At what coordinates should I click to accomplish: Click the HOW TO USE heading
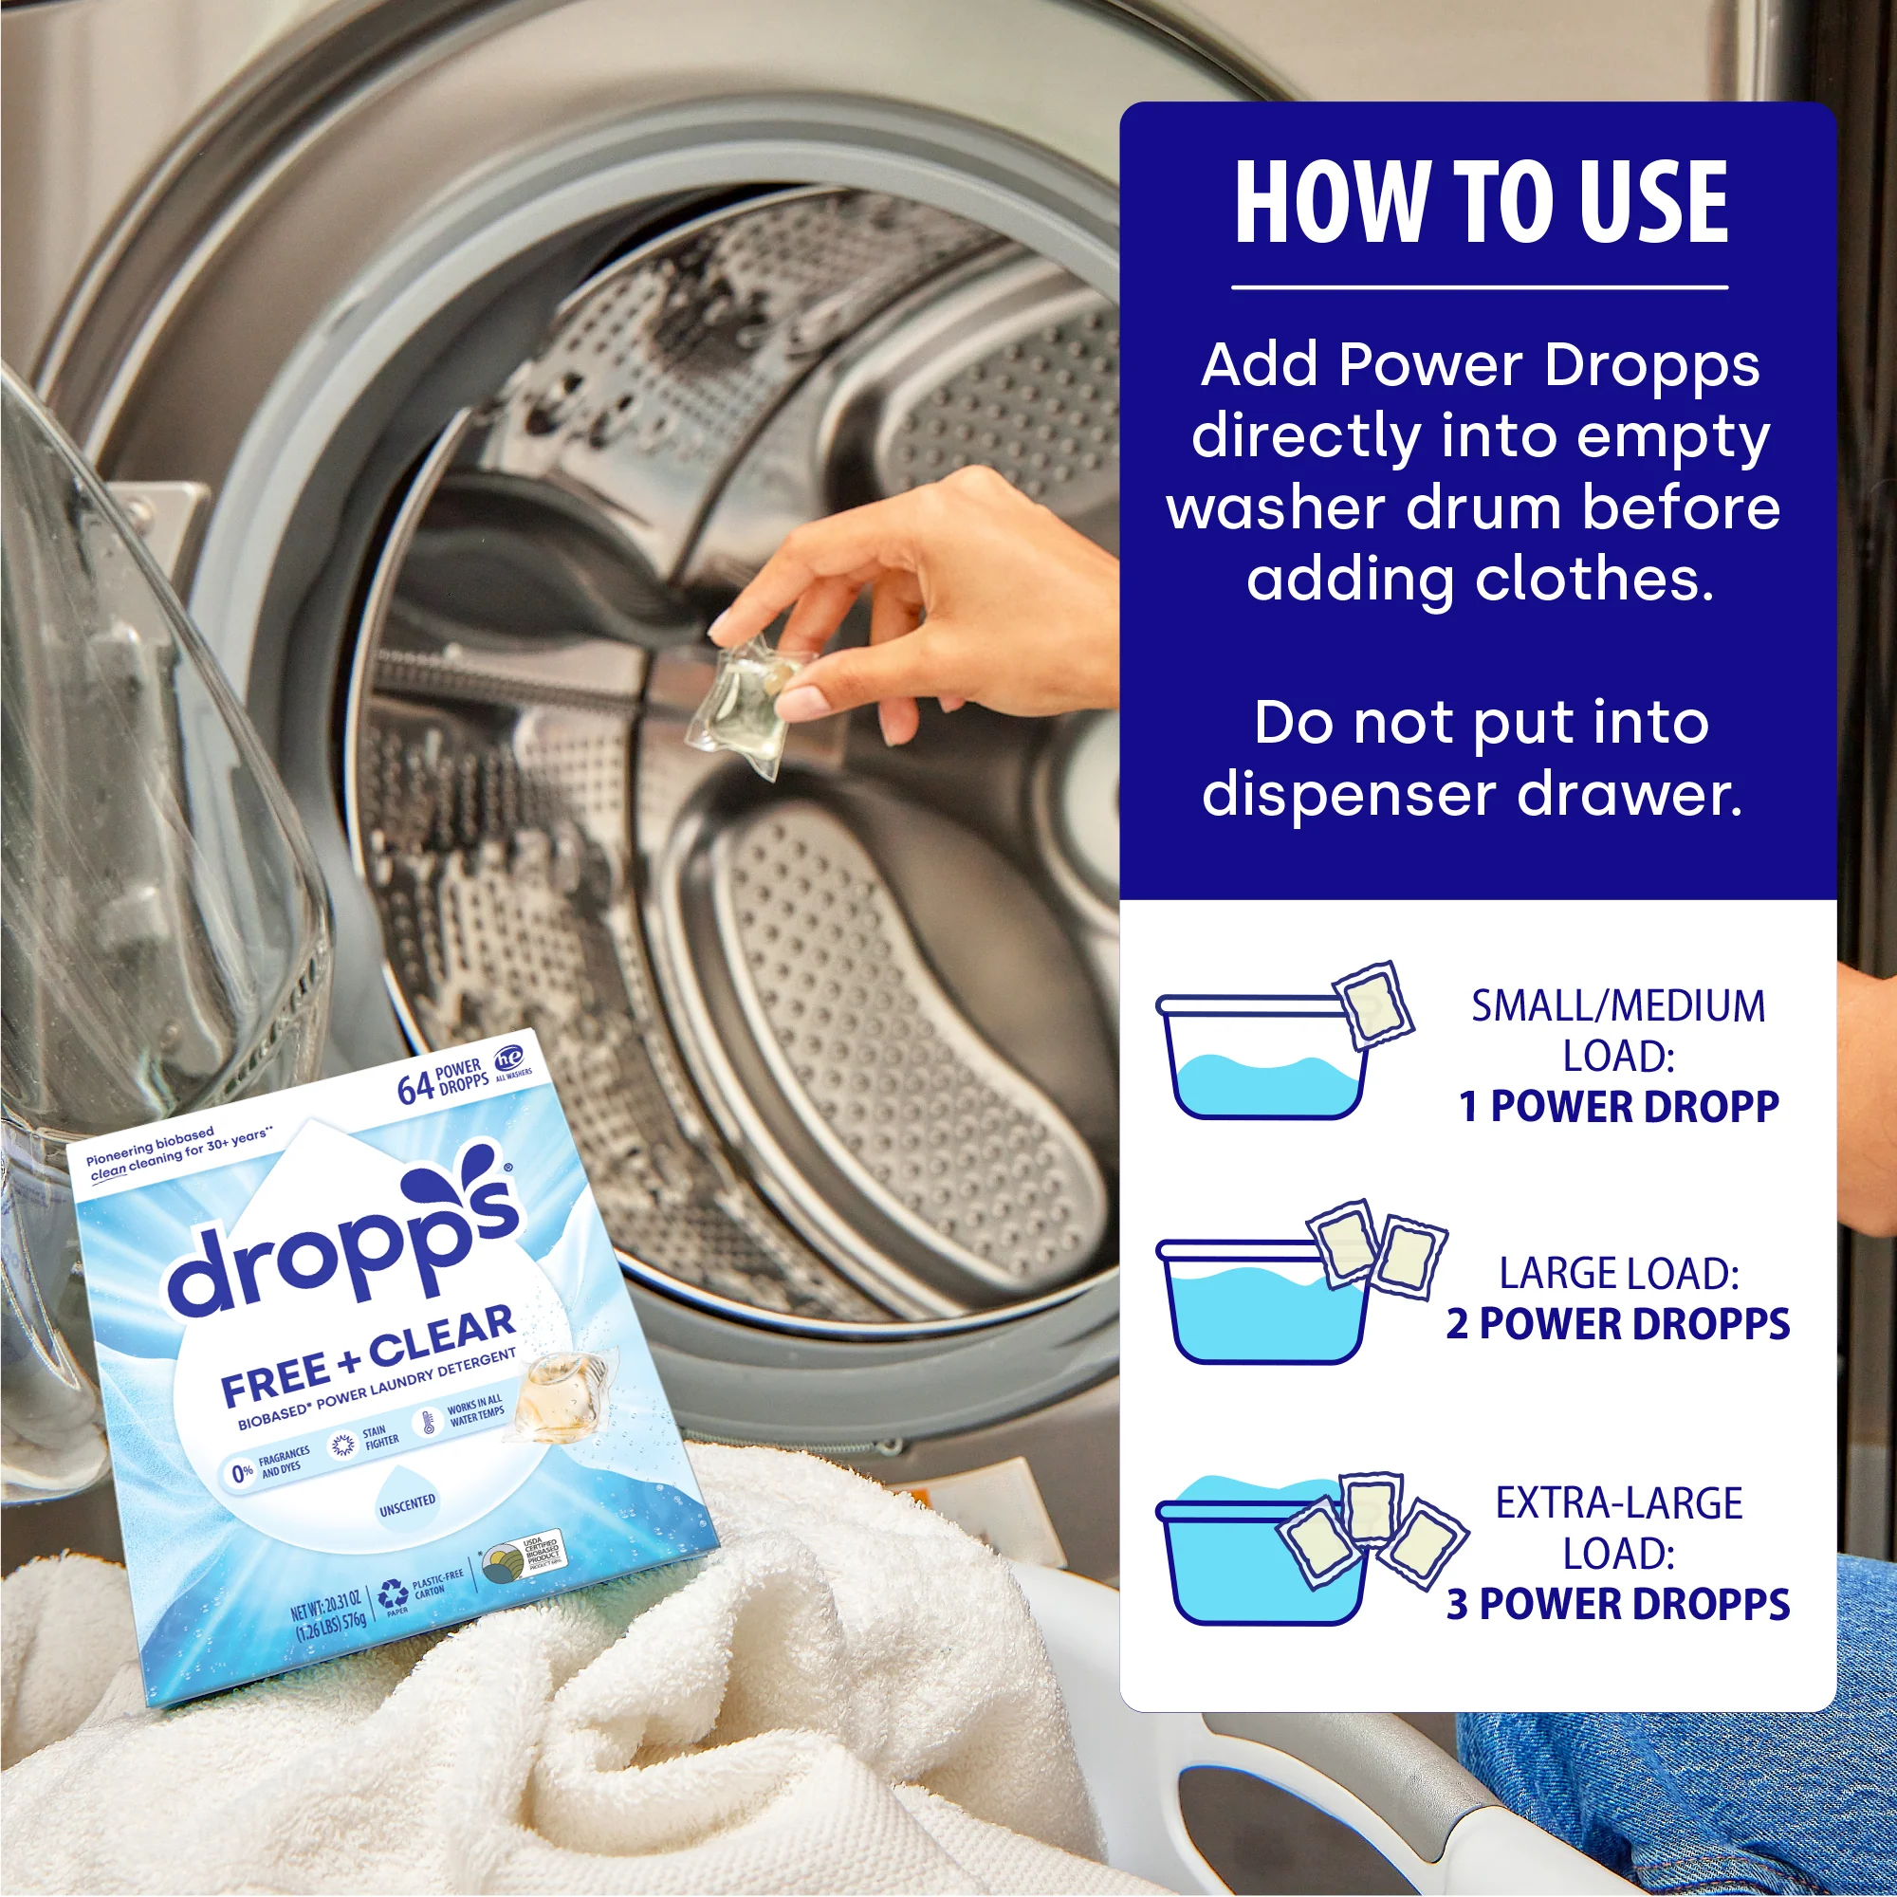point(1480,202)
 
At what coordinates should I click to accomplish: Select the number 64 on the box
point(414,1089)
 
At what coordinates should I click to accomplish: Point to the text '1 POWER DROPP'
point(1618,1107)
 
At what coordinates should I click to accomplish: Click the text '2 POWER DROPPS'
point(1618,1323)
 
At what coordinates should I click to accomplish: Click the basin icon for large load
point(1262,1302)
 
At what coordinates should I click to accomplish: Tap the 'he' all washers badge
point(508,1059)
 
